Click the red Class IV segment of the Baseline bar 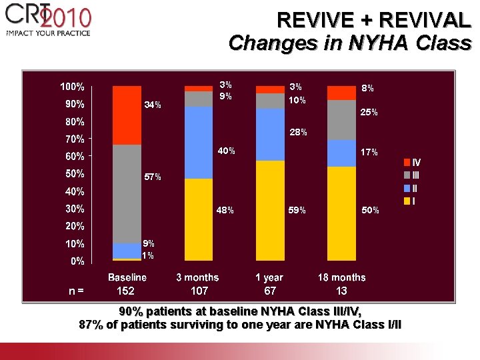coord(127,115)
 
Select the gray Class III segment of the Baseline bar coord(127,193)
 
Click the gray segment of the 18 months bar coord(341,120)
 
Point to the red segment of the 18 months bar coord(341,93)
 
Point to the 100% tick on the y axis coord(73,87)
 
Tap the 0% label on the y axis coord(77,261)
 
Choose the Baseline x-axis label coord(127,277)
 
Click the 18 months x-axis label coord(341,277)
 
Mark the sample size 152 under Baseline coord(125,291)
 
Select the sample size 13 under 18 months coord(341,291)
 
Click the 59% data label coord(297,211)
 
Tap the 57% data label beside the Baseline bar coord(153,177)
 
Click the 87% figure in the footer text coord(91,325)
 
